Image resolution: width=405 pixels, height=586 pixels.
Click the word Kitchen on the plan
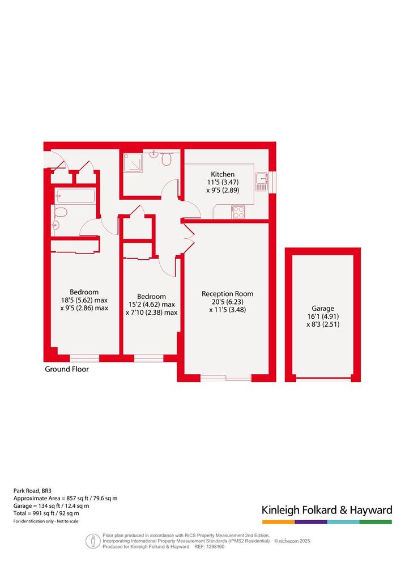coord(223,174)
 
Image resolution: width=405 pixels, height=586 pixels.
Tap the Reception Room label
coord(227,294)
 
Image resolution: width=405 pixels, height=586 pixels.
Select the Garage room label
coord(323,309)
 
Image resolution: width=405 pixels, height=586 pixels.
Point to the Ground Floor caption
coord(67,369)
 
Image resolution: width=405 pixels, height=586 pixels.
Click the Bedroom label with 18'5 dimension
coord(84,292)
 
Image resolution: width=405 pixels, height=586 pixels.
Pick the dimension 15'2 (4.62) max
coord(152,305)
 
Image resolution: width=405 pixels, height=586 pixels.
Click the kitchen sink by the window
coord(261,182)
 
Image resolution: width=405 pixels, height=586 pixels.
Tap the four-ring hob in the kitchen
coord(238,212)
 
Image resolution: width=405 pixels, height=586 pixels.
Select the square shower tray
coord(133,163)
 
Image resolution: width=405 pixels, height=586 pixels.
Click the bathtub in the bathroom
coord(75,196)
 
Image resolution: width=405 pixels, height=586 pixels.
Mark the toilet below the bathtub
coord(60,212)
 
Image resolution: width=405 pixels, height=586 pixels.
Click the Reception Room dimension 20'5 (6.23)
coord(228,302)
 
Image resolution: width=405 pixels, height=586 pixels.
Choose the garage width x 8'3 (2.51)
coord(323,324)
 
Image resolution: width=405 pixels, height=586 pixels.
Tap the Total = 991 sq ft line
coord(46,513)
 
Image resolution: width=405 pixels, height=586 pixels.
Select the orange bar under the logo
coord(278,522)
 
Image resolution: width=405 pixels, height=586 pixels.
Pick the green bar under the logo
coord(376,522)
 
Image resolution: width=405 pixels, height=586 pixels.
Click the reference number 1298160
coord(215,546)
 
